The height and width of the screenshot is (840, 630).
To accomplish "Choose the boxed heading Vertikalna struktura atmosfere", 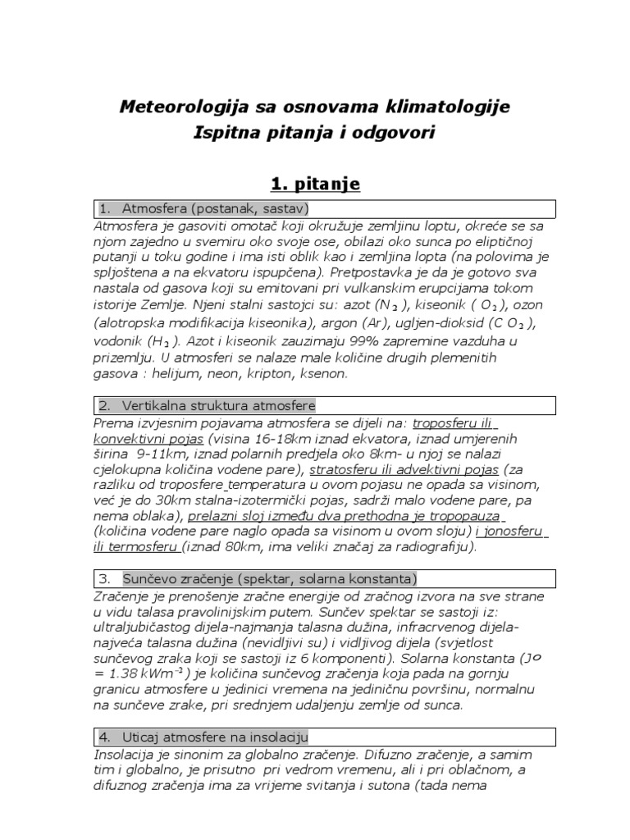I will tap(218, 405).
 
